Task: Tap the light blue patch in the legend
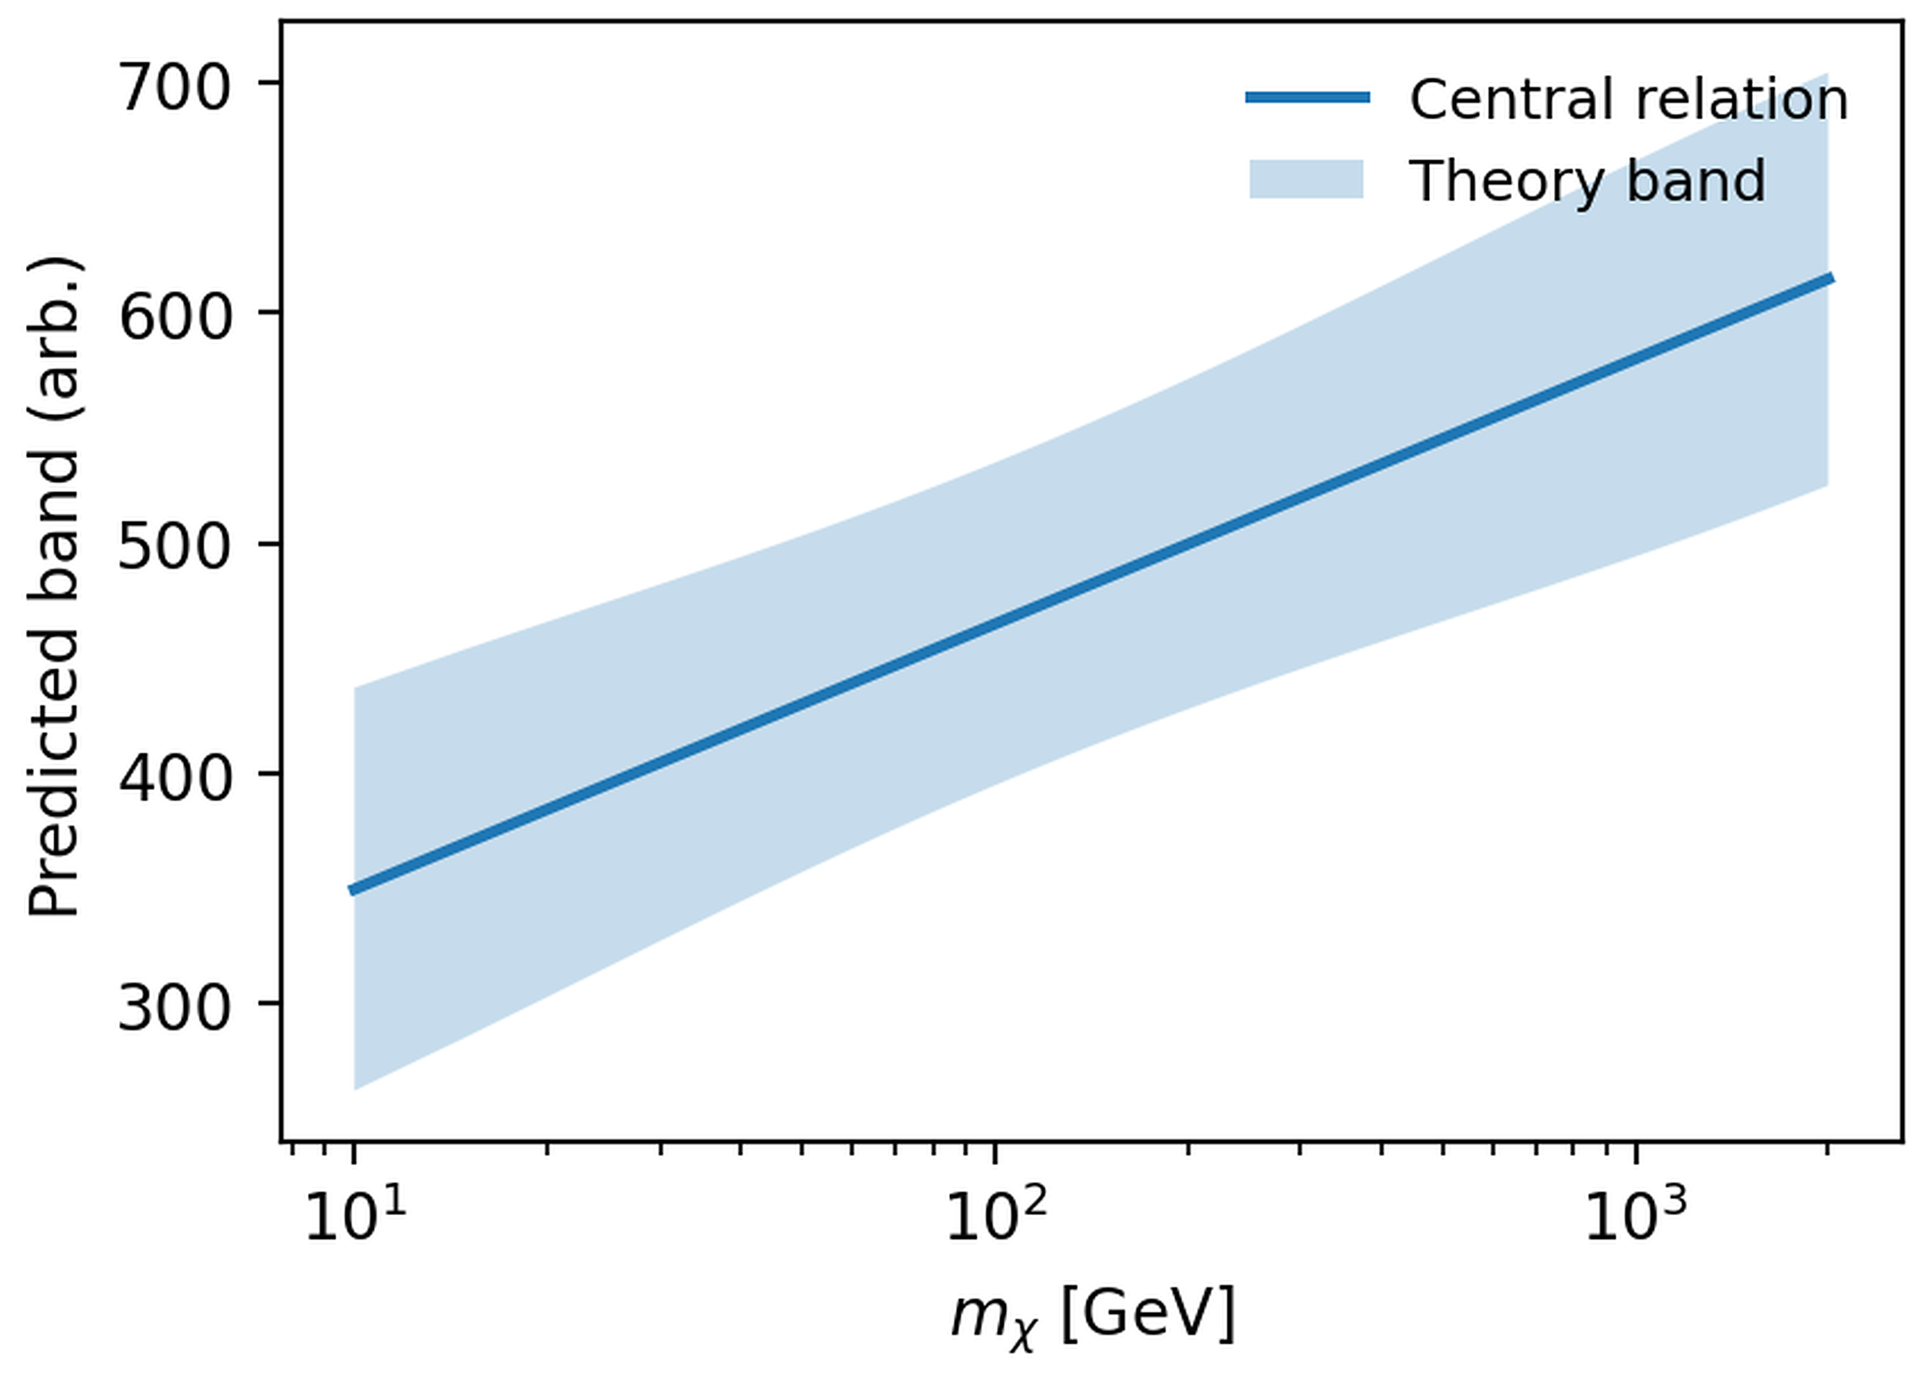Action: click(1307, 179)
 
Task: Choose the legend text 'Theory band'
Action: click(1587, 181)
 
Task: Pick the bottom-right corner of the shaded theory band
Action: click(1828, 486)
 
